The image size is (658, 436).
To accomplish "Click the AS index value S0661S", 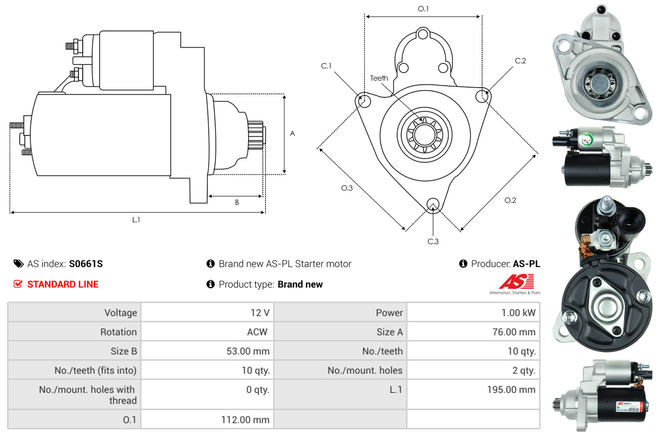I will coord(86,264).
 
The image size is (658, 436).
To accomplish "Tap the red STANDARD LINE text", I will coord(63,284).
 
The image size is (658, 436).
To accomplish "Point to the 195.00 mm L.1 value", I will coord(510,390).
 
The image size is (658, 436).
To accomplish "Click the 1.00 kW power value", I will coord(518,313).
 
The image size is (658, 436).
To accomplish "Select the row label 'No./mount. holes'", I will coord(365,371).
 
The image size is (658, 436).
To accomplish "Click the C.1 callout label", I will coord(326,66).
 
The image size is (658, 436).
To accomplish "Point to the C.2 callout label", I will coord(520,61).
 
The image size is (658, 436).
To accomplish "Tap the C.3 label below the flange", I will coord(433,241).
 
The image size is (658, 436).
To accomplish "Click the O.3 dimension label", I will coord(346,188).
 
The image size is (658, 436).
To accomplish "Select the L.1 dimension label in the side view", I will coord(136,220).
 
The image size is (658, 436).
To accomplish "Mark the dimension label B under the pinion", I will coord(237,202).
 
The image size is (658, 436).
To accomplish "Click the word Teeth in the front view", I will coord(379,78).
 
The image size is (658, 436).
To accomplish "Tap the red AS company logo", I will coord(516,282).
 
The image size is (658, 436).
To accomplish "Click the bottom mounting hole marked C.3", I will coord(433,204).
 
